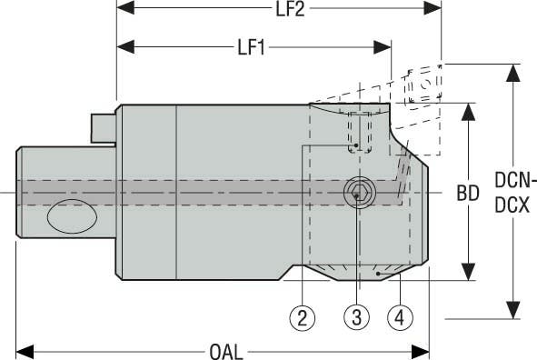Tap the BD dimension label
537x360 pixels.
click(x=468, y=194)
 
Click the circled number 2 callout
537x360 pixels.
click(x=303, y=316)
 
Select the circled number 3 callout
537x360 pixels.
click(x=357, y=316)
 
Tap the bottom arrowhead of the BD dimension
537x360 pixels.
click(x=468, y=275)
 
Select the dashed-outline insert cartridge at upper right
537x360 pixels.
click(x=421, y=91)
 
